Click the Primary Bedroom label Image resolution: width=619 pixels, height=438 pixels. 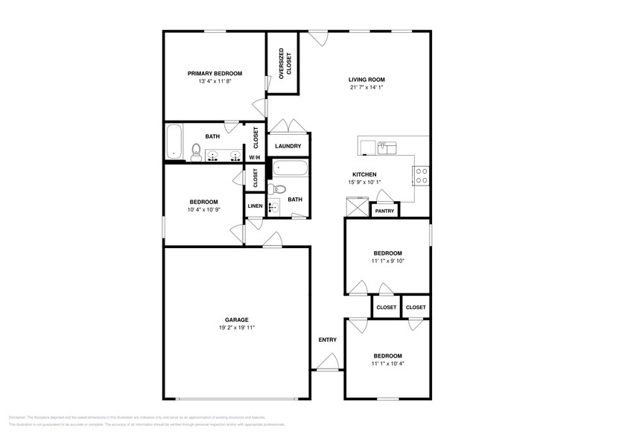point(215,73)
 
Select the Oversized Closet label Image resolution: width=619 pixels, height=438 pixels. point(282,63)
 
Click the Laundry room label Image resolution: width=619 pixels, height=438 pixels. point(288,147)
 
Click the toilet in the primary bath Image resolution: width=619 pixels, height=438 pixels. point(195,153)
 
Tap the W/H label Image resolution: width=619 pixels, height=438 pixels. point(255,158)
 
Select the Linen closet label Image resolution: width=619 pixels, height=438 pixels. point(255,206)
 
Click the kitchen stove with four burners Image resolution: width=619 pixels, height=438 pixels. point(421,175)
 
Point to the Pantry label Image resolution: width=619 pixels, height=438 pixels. point(384,211)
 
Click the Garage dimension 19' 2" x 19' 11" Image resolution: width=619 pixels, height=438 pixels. point(237,328)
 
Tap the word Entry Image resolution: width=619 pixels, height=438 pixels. point(328,340)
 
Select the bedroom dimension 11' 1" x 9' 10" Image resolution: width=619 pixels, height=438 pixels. point(387,261)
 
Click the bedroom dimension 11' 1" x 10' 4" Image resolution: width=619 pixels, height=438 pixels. point(387,364)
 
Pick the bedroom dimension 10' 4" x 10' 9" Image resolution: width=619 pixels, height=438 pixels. point(203,210)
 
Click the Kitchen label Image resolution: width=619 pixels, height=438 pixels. point(364,174)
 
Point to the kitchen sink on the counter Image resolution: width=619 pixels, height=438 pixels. point(386,147)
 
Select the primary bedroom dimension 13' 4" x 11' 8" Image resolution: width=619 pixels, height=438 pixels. point(215,81)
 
